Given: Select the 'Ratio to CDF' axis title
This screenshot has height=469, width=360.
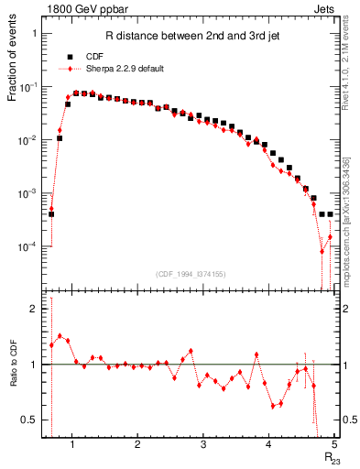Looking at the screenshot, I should (x=13, y=376).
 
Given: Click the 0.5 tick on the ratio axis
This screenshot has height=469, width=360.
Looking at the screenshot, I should (x=28, y=420).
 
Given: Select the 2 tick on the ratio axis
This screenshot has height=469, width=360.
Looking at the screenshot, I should (x=33, y=310).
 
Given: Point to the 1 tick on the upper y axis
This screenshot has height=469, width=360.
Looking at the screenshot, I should (x=33, y=33).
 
